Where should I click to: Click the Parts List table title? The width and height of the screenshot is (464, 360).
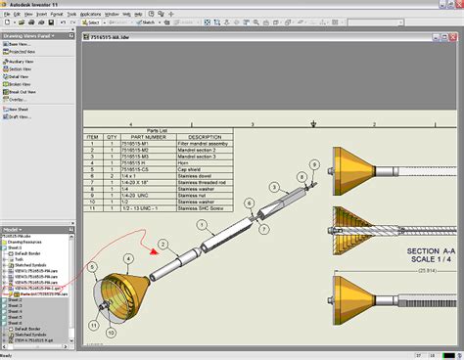pyautogui.click(x=158, y=129)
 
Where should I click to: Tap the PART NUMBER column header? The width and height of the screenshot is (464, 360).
pyautogui.click(x=143, y=136)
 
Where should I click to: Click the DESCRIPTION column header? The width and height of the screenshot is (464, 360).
pyautogui.click(x=205, y=136)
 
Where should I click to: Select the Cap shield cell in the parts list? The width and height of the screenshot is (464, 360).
pyautogui.click(x=197, y=168)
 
